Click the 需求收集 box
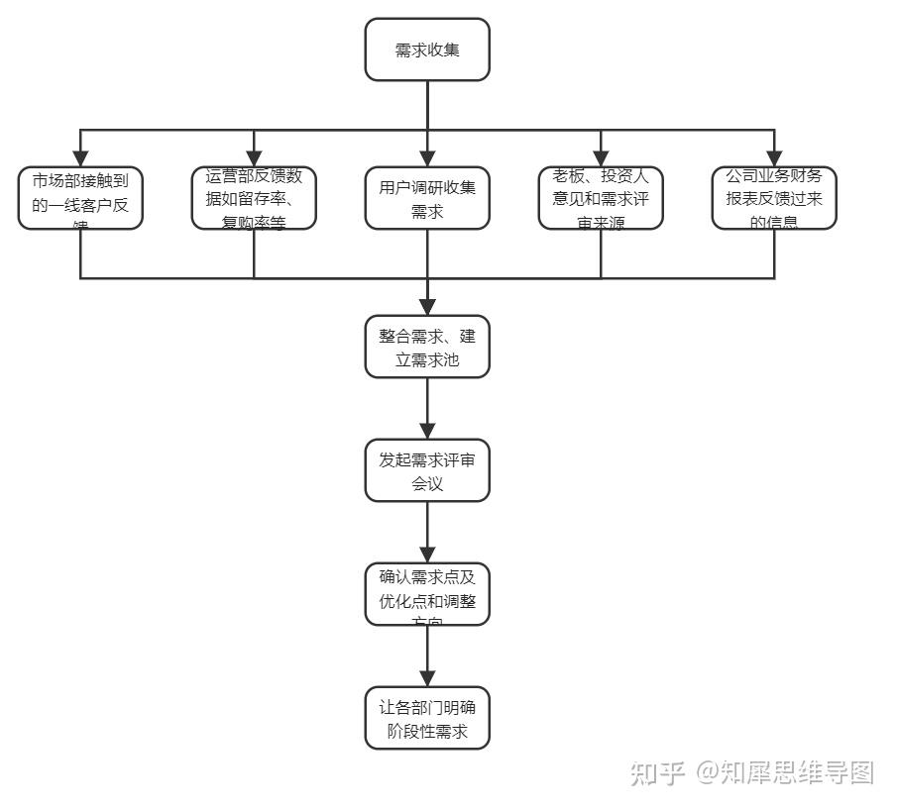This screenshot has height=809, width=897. point(427,50)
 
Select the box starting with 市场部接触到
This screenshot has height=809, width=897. point(80,198)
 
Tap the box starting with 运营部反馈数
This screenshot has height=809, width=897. point(254,198)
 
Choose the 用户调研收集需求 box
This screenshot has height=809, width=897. point(427,198)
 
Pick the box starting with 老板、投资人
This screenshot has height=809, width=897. point(601,198)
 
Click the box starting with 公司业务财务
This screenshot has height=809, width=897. point(774,198)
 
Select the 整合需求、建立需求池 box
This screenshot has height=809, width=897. point(427,347)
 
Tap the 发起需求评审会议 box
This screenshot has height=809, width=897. point(427,470)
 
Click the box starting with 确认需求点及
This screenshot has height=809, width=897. point(427,594)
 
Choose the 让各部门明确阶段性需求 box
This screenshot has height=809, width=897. point(427,718)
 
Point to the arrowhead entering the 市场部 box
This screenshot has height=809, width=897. point(80,158)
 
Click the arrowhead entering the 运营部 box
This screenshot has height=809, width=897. point(254,158)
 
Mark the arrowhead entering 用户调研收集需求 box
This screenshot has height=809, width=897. point(427,158)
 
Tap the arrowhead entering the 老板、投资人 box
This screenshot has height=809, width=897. point(601,158)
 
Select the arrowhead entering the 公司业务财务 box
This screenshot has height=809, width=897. point(774,158)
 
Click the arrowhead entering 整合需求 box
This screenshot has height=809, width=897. point(427,307)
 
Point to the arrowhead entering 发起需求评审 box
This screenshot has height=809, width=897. point(427,431)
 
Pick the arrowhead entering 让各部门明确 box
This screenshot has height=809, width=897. point(427,678)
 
